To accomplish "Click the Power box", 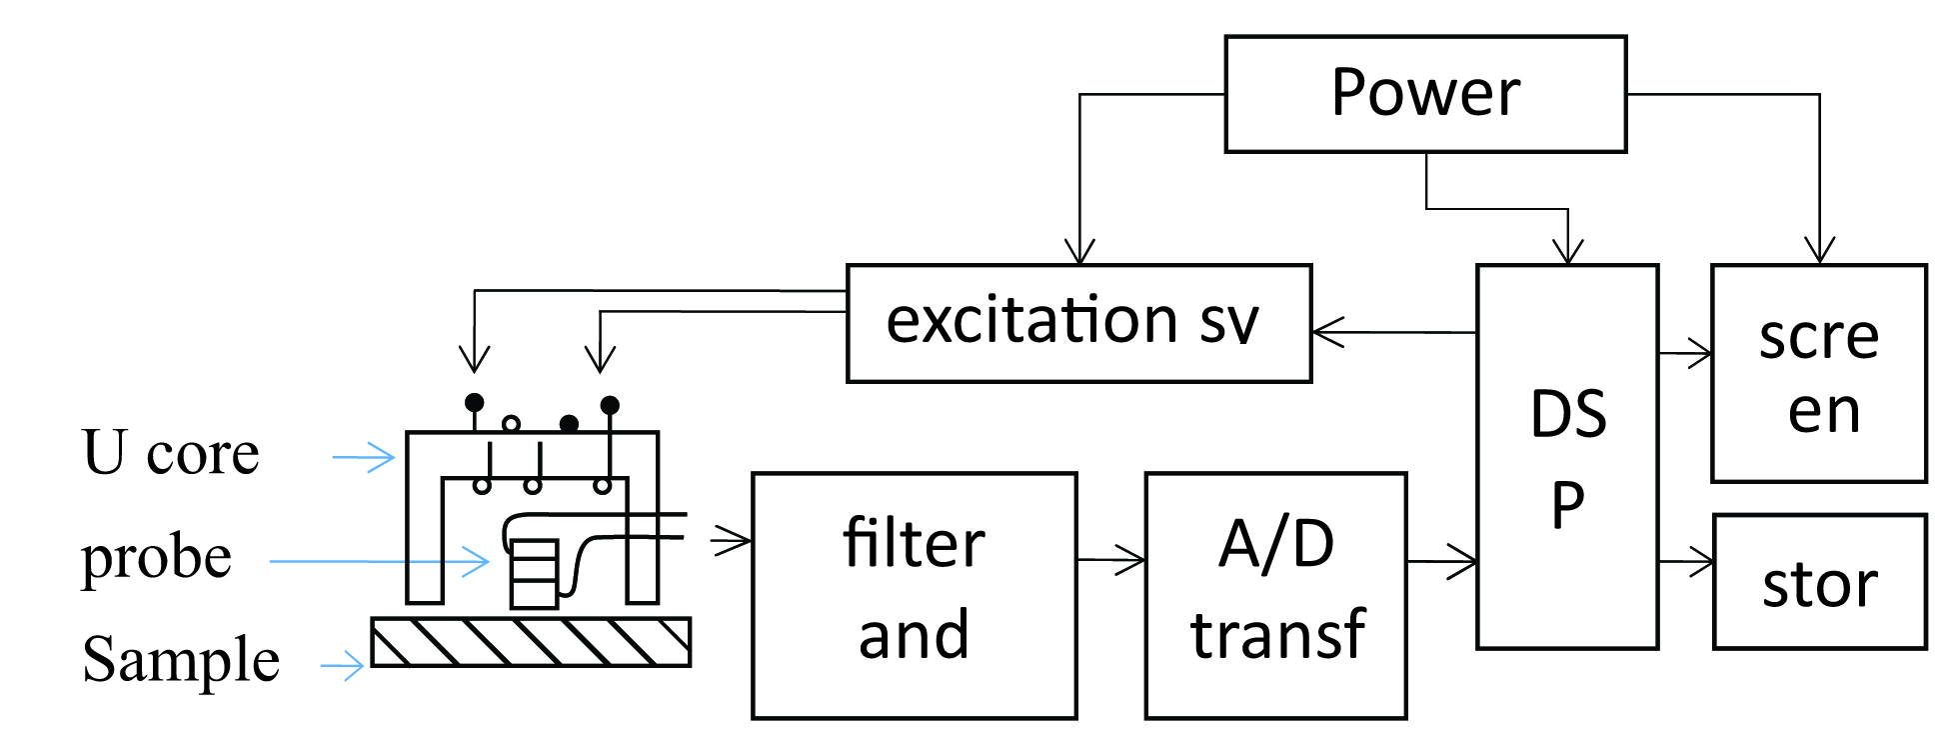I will coord(1425,94).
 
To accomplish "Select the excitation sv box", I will coord(1078,323).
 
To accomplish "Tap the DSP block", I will coord(1567,456).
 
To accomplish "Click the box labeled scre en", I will coord(1818,373).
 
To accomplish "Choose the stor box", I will coord(1819,582).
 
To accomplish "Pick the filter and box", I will coord(914,595).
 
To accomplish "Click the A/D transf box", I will coord(1275,595).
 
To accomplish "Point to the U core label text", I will coord(170,453).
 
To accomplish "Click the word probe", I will coord(156,556).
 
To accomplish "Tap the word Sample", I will coord(181,660).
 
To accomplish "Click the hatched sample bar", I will coord(531,642).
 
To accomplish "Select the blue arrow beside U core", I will coord(366,458).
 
